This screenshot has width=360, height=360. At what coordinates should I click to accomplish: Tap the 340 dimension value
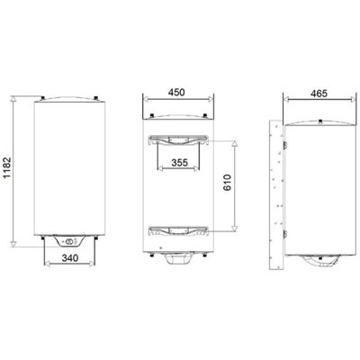pyautogui.click(x=70, y=257)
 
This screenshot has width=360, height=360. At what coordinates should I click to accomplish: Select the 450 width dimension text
pyautogui.click(x=176, y=93)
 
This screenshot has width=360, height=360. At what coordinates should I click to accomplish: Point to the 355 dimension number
pyautogui.click(x=179, y=163)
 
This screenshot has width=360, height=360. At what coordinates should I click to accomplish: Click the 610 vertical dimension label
pyautogui.click(x=227, y=183)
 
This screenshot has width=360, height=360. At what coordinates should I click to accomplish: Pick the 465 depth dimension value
pyautogui.click(x=319, y=94)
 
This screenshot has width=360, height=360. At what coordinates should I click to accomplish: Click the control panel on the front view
pyautogui.click(x=69, y=241)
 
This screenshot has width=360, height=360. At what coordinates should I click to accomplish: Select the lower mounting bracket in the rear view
pyautogui.click(x=179, y=230)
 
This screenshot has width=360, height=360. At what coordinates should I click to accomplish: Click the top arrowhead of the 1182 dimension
pyautogui.click(x=13, y=99)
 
